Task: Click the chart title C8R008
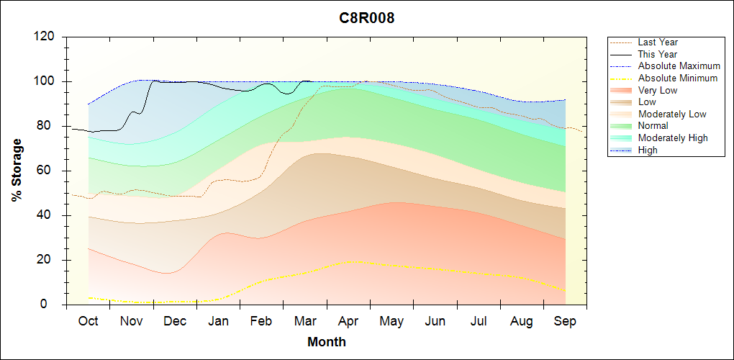(x=367, y=19)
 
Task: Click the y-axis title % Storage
(x=17, y=170)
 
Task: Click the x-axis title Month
(x=327, y=342)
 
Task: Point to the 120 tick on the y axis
(x=45, y=37)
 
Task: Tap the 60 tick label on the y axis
(x=48, y=171)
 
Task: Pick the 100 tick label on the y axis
(x=45, y=81)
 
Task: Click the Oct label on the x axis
(x=88, y=321)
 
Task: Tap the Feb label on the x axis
(x=261, y=321)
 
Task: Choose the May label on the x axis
(x=391, y=321)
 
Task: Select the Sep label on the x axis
(x=565, y=321)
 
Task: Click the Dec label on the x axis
(x=175, y=321)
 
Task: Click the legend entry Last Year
(x=658, y=42)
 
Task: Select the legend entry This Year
(x=658, y=54)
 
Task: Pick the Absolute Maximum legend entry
(x=679, y=66)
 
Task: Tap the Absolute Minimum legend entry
(x=678, y=78)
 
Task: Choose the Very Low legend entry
(x=658, y=90)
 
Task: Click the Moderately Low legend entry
(x=672, y=114)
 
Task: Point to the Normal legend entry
(x=653, y=126)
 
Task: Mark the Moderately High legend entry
(x=673, y=138)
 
